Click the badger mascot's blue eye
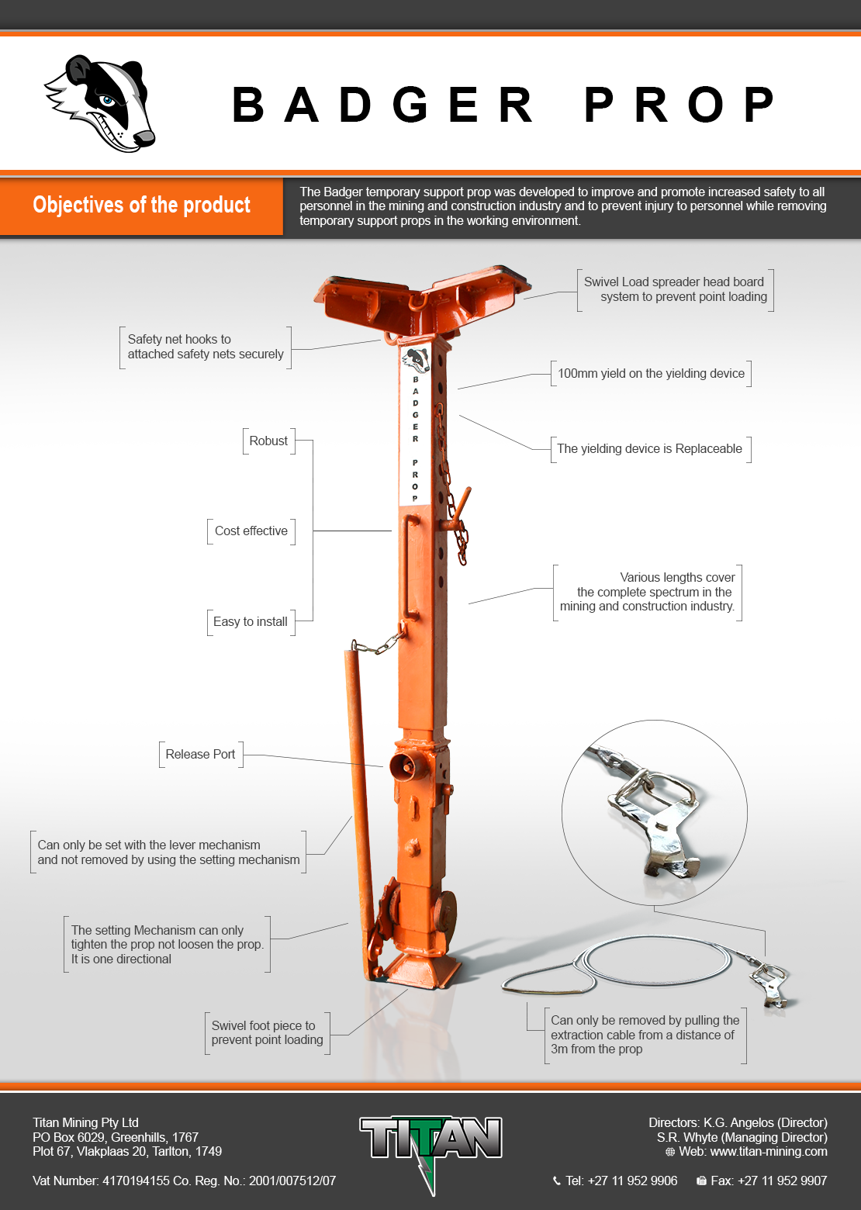click(x=107, y=100)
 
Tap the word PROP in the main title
click(x=679, y=104)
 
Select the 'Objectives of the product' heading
click(x=141, y=206)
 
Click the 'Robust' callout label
click(x=268, y=441)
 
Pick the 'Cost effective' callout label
click(x=251, y=531)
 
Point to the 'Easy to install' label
click(x=250, y=622)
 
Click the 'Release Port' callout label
click(x=200, y=754)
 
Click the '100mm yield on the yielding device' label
click(x=651, y=373)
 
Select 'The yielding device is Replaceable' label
click(x=649, y=448)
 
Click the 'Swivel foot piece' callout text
click(x=268, y=1032)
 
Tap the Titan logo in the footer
click(x=431, y=1151)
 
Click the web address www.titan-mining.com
click(x=769, y=1151)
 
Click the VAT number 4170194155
click(x=136, y=1181)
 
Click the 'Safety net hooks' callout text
click(x=206, y=347)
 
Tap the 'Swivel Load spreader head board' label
click(x=675, y=289)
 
